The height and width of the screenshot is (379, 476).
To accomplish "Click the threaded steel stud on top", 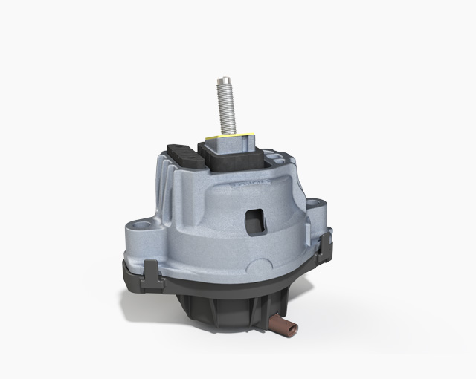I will (x=226, y=104).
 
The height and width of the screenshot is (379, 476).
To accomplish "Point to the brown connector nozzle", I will (x=283, y=324).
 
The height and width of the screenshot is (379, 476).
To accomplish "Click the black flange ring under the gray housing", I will (x=223, y=286).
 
